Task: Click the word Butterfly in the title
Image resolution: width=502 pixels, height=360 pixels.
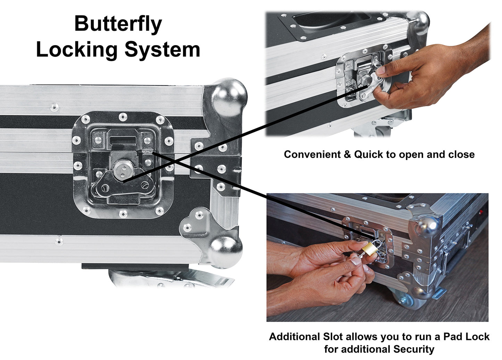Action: pyautogui.click(x=118, y=24)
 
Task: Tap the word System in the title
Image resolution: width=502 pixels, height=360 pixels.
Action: pyautogui.click(x=162, y=49)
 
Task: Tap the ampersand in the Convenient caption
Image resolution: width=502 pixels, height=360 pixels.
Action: pyautogui.click(x=347, y=154)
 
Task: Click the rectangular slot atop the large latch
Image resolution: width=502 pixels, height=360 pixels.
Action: pyautogui.click(x=123, y=139)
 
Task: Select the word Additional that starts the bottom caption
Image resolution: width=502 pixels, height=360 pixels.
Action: pyautogui.click(x=294, y=336)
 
